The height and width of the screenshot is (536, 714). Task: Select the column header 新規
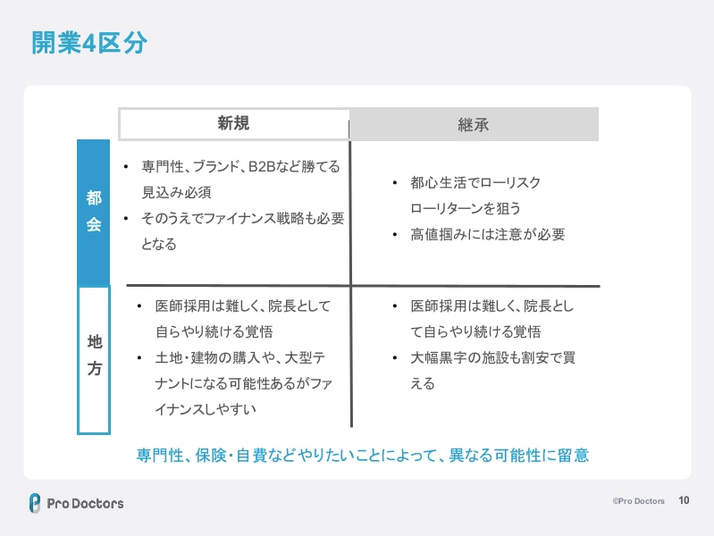click(233, 124)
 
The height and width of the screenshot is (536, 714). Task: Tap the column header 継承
click(473, 125)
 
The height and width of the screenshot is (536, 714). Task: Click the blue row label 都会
click(94, 213)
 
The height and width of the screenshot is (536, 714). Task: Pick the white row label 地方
click(94, 355)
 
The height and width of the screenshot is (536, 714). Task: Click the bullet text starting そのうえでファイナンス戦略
click(242, 218)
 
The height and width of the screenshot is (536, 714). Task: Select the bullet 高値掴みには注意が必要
click(487, 235)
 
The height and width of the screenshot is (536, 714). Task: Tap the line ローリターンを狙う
click(465, 208)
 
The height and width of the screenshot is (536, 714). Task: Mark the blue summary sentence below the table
click(363, 455)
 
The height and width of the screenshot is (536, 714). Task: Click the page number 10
click(685, 501)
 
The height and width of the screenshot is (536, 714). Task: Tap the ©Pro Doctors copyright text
click(638, 502)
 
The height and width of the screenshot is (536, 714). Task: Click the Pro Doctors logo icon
click(34, 503)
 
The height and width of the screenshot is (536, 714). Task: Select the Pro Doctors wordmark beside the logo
click(86, 503)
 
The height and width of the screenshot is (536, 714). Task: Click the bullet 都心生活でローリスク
click(475, 182)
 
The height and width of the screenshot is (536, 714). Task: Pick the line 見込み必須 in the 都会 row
click(176, 192)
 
